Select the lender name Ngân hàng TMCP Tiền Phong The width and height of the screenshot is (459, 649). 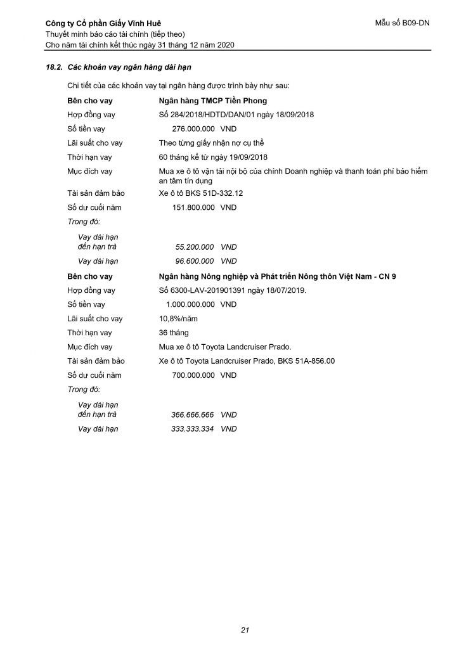212,101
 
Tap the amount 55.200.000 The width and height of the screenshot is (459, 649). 194,247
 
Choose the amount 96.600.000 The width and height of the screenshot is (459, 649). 194,260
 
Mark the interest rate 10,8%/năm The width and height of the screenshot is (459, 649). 179,319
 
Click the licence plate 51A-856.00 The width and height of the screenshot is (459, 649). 311,361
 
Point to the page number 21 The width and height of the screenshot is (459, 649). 244,629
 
